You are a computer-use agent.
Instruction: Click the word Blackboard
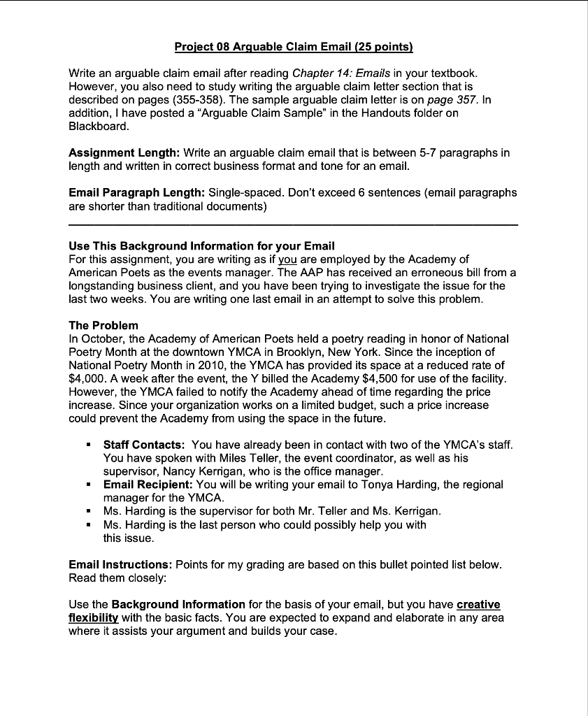(x=99, y=126)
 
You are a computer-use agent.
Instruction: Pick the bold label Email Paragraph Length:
(x=136, y=192)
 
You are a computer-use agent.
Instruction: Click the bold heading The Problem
(x=103, y=325)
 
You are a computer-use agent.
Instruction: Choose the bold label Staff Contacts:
(x=144, y=444)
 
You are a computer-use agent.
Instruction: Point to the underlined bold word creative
(x=478, y=604)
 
